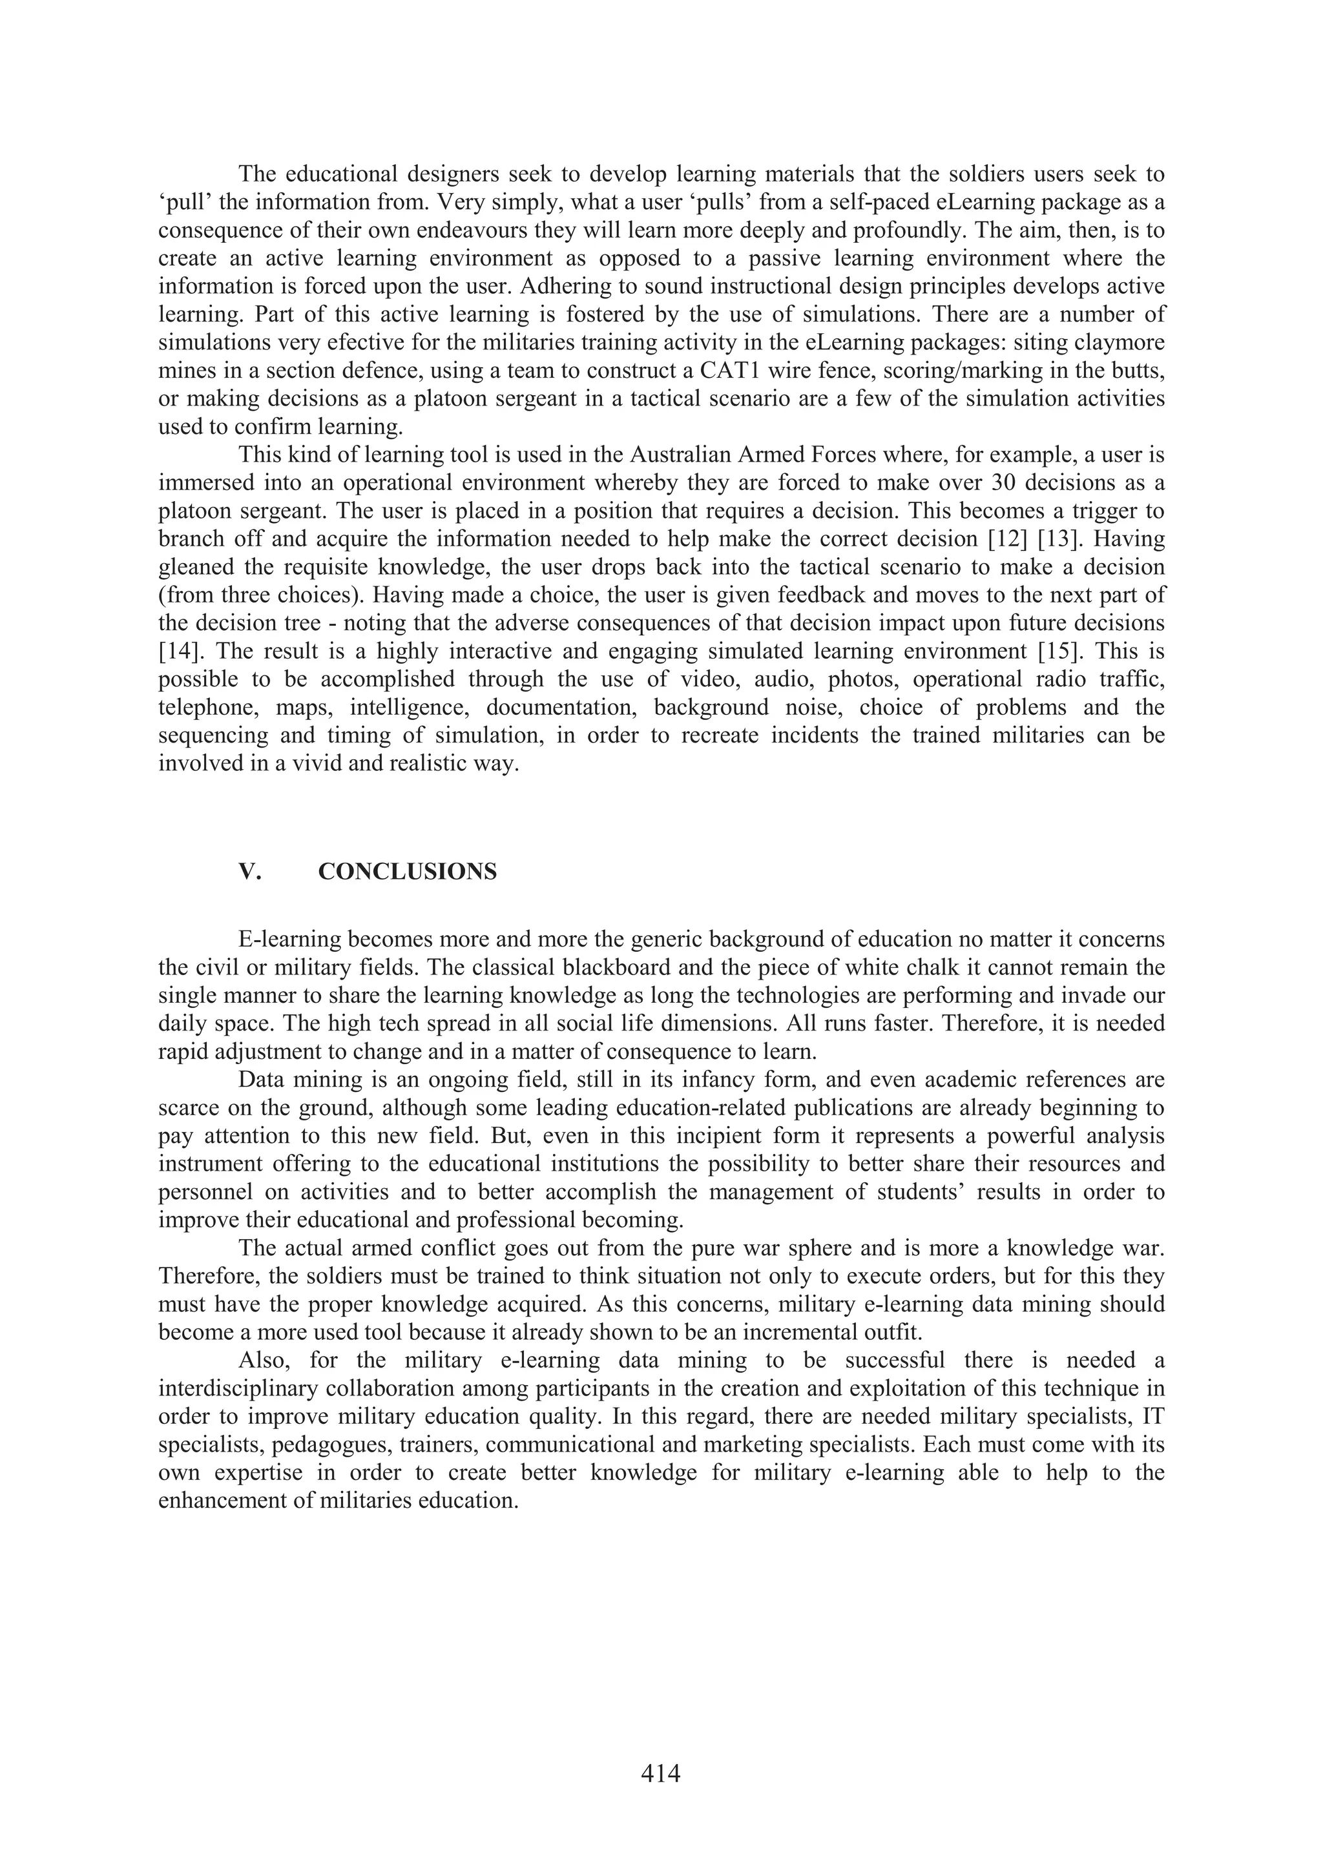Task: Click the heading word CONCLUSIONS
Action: pos(408,872)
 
